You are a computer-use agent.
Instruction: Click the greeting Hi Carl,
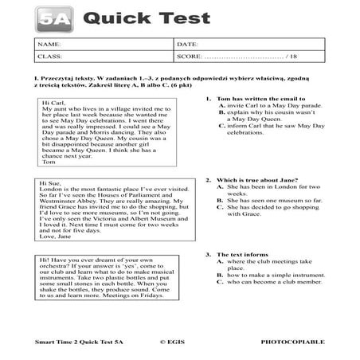coord(53,103)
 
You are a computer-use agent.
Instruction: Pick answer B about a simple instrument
coord(271,275)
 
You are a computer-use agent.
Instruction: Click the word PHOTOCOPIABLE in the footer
coord(299,342)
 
